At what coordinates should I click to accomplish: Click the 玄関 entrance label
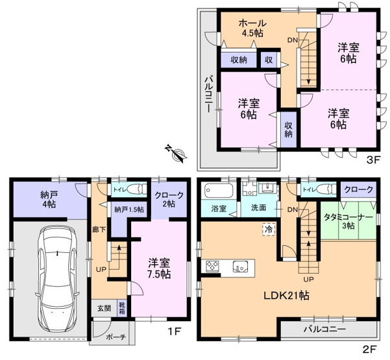(x=104, y=308)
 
